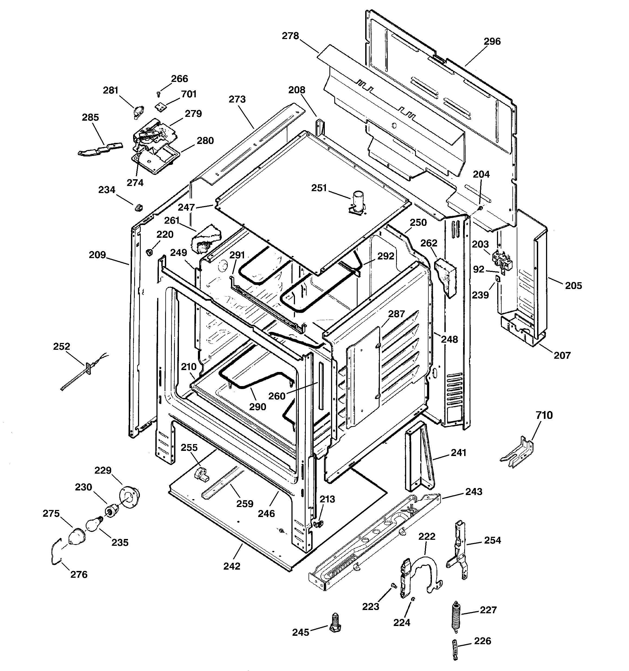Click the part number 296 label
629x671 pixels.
pos(492,41)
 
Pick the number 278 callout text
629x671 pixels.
pos(290,36)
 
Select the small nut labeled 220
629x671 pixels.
pos(149,252)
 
